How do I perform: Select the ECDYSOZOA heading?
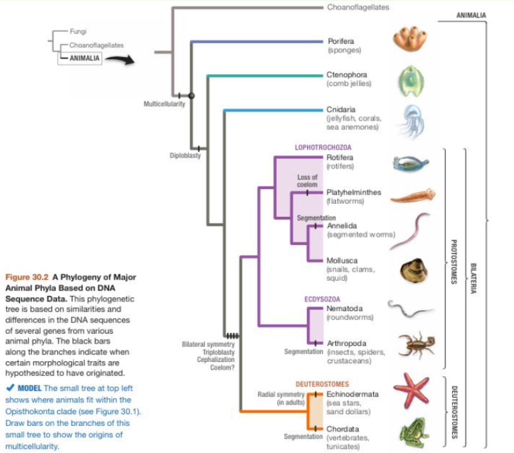[323, 298]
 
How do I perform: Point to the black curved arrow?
[121, 60]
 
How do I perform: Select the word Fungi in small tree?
[78, 31]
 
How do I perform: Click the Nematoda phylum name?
[346, 308]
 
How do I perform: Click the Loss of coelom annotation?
[308, 181]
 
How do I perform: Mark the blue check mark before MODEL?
[9, 388]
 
